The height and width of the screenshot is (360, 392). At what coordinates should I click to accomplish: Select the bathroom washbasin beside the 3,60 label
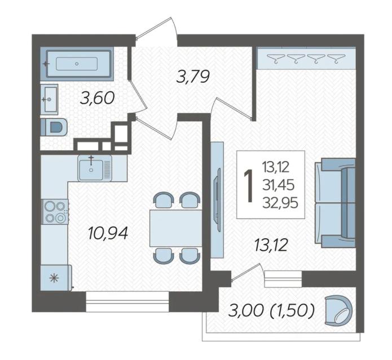tap(49, 99)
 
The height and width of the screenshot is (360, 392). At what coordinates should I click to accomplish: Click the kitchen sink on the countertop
tap(95, 167)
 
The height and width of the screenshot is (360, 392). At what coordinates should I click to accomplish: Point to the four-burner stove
tap(55, 212)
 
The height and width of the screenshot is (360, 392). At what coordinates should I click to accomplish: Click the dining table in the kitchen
tap(176, 228)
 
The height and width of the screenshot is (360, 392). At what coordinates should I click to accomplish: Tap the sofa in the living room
tap(335, 203)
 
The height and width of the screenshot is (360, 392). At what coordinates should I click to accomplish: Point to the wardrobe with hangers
tap(306, 58)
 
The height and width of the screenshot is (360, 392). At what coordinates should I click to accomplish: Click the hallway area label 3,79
tap(193, 77)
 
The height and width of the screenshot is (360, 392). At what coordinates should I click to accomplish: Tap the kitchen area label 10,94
tap(108, 233)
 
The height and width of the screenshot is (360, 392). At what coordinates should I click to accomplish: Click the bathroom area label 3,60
tap(97, 97)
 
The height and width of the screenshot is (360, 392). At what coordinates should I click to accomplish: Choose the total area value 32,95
tap(280, 203)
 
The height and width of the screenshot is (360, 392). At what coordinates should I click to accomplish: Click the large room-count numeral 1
tap(249, 185)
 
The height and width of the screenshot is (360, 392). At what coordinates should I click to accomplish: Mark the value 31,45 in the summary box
tap(278, 185)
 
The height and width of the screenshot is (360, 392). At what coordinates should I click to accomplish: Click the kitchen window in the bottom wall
tap(127, 301)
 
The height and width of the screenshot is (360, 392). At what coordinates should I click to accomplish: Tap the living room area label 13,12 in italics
tap(271, 245)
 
